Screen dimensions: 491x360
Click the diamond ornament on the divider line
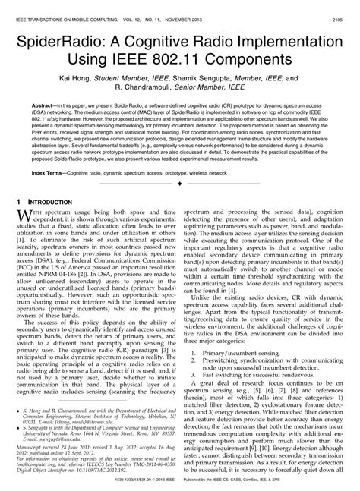(179, 184)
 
